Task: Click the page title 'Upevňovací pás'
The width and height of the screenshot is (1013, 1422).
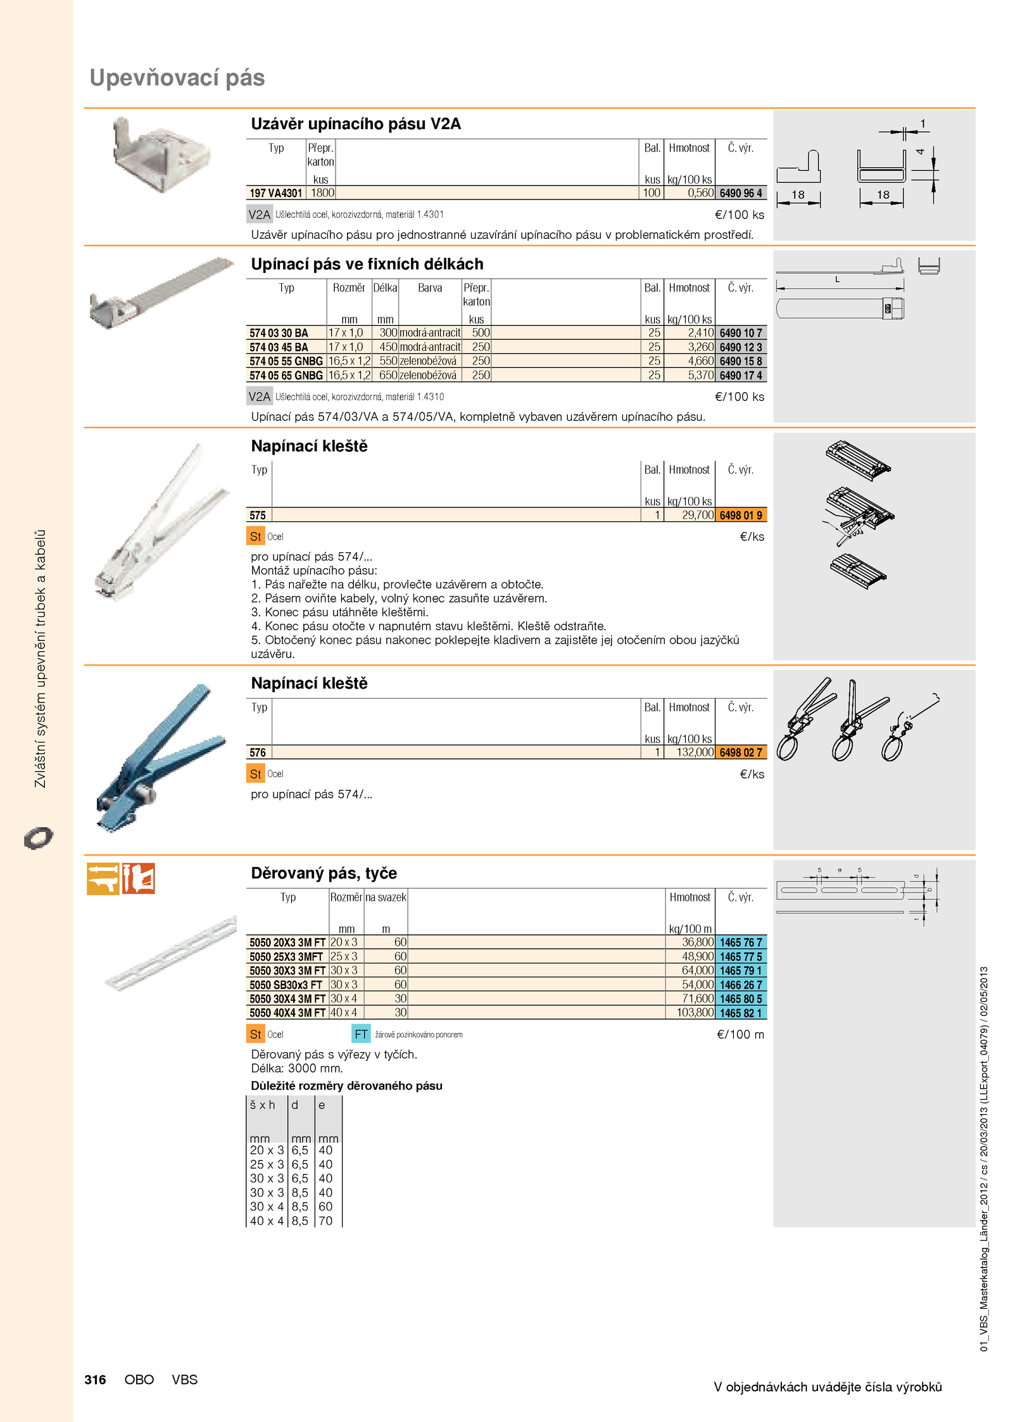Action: coord(177,78)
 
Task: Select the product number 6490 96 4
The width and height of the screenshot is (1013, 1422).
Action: coord(741,193)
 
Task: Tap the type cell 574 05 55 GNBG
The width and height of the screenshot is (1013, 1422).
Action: coord(286,361)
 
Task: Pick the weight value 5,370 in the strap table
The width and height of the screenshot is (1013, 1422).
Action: coord(701,375)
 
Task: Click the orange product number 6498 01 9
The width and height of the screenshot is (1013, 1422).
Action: coord(741,516)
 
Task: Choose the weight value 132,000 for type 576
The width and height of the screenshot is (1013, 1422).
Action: coord(695,752)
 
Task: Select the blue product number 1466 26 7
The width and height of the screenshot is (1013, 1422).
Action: coord(741,985)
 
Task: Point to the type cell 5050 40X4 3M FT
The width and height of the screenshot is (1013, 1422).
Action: coord(287,1013)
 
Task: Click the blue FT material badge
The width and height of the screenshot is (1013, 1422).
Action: coord(361,1034)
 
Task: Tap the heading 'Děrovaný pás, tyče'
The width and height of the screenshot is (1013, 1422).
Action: coord(324,873)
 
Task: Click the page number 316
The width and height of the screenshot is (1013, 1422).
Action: coord(95,1380)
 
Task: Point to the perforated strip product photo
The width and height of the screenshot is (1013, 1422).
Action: coord(170,954)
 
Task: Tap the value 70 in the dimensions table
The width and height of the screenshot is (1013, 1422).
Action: coord(325,1221)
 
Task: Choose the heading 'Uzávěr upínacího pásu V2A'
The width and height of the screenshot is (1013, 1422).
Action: coord(356,124)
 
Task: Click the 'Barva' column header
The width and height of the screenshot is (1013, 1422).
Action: coord(430,288)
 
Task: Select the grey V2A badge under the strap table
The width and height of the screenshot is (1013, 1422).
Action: coord(259,397)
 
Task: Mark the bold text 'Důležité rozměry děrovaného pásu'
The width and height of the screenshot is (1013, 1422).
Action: coord(346,1086)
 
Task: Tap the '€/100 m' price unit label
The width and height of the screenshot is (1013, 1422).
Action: coord(740,1034)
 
